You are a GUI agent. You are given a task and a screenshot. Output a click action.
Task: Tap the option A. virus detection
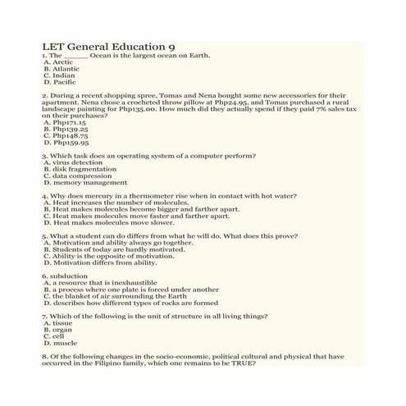73,162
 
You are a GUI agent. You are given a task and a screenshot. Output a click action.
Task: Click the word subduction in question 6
66,276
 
